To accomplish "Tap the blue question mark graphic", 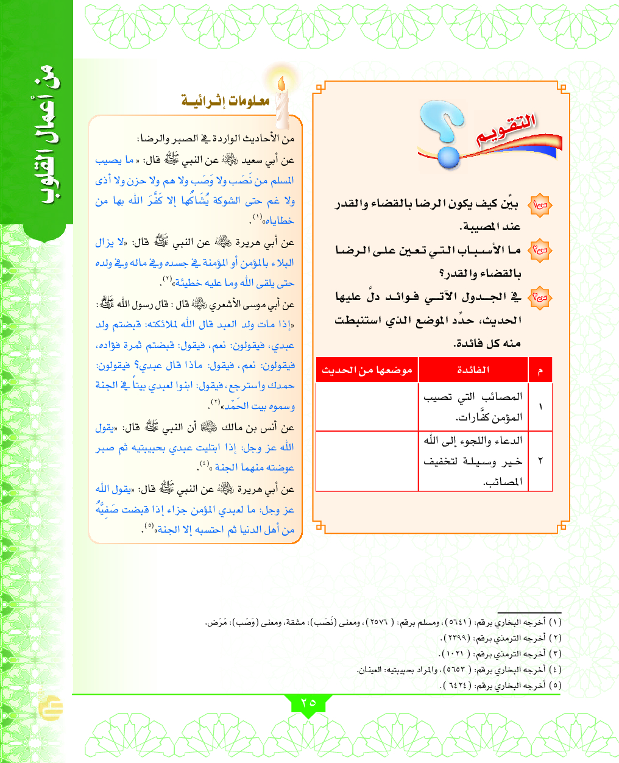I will (x=444, y=133).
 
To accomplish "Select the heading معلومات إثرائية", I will (x=225, y=101).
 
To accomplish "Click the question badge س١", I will (x=540, y=204).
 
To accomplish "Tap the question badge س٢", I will (x=540, y=250).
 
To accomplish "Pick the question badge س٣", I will (x=540, y=297).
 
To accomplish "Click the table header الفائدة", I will (x=473, y=370).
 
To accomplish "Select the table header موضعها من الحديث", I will (x=367, y=370).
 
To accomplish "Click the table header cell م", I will (x=540, y=370).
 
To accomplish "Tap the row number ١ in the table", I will (x=540, y=406).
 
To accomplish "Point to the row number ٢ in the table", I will (x=540, y=461).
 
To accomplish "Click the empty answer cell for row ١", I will (x=367, y=406).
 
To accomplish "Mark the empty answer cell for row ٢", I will (x=367, y=461).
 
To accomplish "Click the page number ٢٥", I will (x=308, y=703).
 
